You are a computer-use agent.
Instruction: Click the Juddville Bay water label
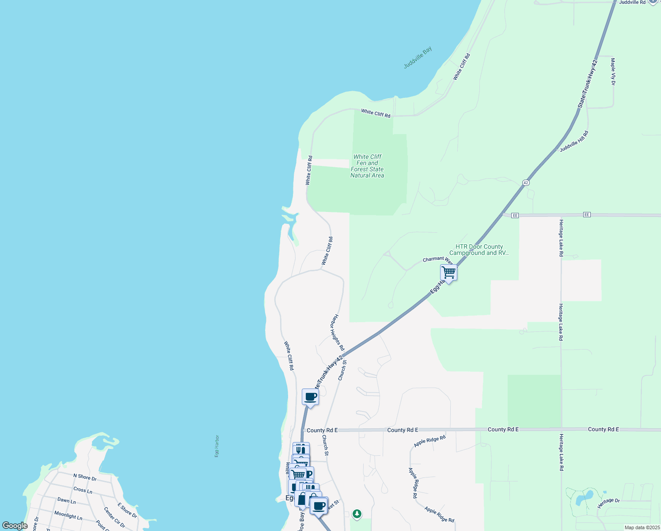click(418, 58)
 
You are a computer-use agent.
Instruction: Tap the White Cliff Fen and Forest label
click(367, 166)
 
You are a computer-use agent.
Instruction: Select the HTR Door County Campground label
click(479, 250)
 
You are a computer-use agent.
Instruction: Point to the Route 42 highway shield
click(525, 182)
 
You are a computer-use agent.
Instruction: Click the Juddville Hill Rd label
click(574, 141)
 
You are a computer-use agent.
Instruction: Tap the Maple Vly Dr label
click(613, 71)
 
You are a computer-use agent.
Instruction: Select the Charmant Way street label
click(437, 260)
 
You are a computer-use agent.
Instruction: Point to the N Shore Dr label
click(85, 477)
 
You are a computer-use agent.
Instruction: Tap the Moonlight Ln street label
click(68, 515)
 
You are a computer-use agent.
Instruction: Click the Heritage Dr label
click(608, 503)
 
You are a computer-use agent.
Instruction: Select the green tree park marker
click(357, 514)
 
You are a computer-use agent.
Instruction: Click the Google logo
click(15, 526)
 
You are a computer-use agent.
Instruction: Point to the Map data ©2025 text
click(642, 527)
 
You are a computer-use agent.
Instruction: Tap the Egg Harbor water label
click(217, 446)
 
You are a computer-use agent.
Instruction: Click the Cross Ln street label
click(83, 490)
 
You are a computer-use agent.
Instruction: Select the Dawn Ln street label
click(67, 500)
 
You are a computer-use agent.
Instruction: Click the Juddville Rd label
click(632, 3)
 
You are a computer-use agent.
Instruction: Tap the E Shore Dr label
click(127, 510)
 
